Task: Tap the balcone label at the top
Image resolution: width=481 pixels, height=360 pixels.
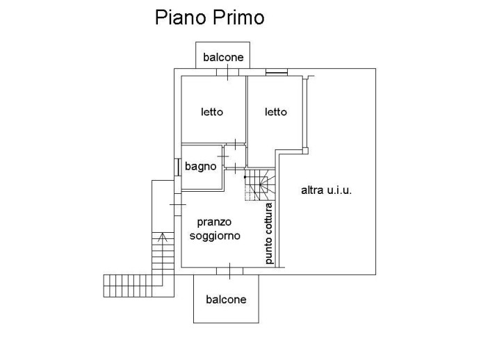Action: click(x=223, y=57)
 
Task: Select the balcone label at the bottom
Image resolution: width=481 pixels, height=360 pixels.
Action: click(x=226, y=300)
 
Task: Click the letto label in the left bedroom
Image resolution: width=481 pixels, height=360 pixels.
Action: click(x=212, y=111)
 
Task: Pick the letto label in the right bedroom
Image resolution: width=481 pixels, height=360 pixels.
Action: click(x=275, y=111)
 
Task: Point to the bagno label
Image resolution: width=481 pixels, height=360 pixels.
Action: click(x=200, y=167)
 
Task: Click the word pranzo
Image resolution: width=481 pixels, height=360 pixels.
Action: click(x=215, y=222)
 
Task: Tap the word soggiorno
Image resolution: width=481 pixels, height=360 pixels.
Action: click(x=215, y=236)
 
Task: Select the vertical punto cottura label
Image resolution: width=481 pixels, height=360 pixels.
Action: click(x=269, y=234)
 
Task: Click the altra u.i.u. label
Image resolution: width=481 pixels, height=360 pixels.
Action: click(x=327, y=189)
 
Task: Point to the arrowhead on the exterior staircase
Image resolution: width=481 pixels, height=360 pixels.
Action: click(x=162, y=237)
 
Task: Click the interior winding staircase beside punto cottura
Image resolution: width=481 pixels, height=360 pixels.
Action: click(x=259, y=186)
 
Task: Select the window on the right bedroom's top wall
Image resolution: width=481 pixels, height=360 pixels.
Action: click(x=276, y=72)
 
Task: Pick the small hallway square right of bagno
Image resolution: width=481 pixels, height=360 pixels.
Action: click(x=235, y=157)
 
